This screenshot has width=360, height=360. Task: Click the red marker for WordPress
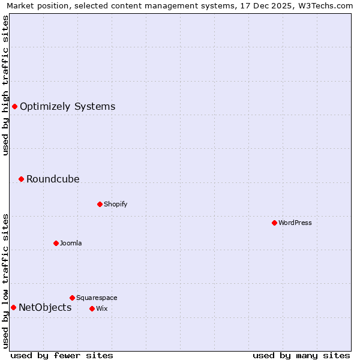[x=274, y=223]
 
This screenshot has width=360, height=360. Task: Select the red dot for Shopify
[x=100, y=204]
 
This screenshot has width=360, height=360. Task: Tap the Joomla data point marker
[x=56, y=243]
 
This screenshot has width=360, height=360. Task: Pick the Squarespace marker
[x=72, y=298]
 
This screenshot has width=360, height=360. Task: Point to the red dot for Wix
[x=92, y=308]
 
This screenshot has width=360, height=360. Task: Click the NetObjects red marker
[x=13, y=308]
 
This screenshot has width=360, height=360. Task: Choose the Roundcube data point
[x=21, y=179]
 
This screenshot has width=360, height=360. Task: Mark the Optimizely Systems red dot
[x=14, y=106]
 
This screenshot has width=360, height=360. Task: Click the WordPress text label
[x=295, y=223]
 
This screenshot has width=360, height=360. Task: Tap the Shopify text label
[x=116, y=204]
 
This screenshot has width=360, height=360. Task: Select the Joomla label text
[x=71, y=243]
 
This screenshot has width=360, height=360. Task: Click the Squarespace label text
[x=97, y=298]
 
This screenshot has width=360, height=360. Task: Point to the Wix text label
[x=101, y=308]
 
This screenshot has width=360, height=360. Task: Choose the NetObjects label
[x=45, y=308]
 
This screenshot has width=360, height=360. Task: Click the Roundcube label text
[x=53, y=179]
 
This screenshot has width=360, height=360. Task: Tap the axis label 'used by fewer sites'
[x=62, y=356]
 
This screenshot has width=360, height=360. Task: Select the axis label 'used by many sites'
[x=301, y=356]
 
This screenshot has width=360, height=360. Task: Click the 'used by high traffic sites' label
[x=6, y=85]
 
